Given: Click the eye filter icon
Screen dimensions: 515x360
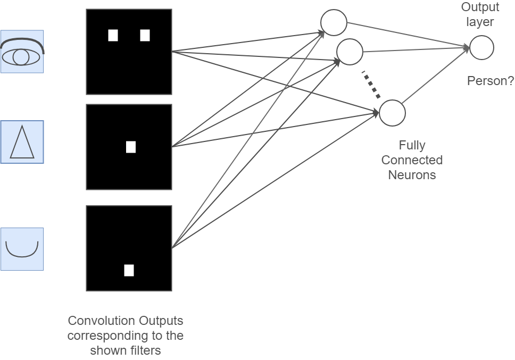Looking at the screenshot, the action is click(x=22, y=52).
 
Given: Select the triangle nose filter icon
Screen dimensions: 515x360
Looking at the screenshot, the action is click(x=22, y=142).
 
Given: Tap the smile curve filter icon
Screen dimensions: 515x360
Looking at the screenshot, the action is click(x=22, y=249).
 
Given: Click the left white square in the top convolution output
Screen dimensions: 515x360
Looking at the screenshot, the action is click(x=113, y=36).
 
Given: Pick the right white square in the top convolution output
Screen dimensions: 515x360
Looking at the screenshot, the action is click(x=145, y=36).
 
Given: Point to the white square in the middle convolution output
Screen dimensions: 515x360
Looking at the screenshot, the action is click(x=131, y=147).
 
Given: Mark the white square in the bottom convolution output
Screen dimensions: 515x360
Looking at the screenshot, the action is click(x=129, y=271).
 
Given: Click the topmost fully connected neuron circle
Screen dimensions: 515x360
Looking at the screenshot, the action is click(x=334, y=23).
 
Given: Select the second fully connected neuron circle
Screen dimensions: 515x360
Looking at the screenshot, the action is click(x=350, y=52).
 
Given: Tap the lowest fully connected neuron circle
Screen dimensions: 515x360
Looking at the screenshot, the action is click(x=392, y=113).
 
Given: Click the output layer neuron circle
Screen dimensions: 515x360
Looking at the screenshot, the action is click(x=482, y=48).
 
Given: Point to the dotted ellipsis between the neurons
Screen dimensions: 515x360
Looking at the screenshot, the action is click(x=371, y=85).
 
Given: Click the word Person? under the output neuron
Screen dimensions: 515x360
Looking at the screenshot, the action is click(x=491, y=81).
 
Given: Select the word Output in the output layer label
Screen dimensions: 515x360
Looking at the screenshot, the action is click(x=480, y=7).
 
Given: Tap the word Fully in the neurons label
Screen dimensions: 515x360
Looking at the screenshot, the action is click(x=412, y=145).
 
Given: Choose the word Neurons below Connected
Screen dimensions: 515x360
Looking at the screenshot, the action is click(x=412, y=175).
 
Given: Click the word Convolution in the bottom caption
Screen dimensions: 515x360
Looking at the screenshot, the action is click(x=102, y=321).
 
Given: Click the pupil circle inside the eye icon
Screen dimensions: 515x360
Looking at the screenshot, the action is click(x=21, y=57).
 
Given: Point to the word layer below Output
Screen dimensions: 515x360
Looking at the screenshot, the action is click(x=480, y=22).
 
